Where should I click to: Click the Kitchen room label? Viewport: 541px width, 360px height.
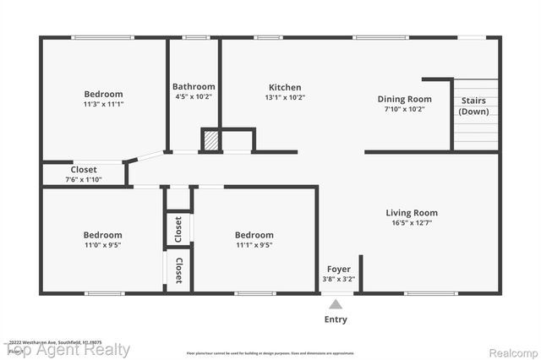(285, 88)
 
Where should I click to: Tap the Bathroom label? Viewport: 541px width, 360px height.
(194, 87)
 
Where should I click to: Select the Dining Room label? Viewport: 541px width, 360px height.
(404, 99)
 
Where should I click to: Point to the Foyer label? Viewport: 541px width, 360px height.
(338, 270)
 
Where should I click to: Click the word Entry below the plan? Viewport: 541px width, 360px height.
(336, 320)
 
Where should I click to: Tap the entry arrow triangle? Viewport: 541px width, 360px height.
(336, 303)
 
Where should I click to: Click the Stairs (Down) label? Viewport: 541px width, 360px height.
(473, 106)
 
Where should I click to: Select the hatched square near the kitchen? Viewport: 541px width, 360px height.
(210, 140)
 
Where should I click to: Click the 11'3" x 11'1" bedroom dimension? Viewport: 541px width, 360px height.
(103, 104)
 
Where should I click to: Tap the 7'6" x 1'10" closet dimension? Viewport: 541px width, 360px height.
(84, 179)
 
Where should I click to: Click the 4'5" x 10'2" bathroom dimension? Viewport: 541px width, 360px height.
(194, 97)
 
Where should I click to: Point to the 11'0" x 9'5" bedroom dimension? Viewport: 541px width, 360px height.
(102, 245)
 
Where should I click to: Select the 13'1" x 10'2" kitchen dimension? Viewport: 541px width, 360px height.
(285, 98)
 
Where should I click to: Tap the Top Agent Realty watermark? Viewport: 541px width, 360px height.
(68, 350)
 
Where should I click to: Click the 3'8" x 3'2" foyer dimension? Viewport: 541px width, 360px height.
(338, 280)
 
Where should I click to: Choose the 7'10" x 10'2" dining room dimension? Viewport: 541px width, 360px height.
(404, 109)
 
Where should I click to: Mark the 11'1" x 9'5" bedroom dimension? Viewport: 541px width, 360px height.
(254, 245)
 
